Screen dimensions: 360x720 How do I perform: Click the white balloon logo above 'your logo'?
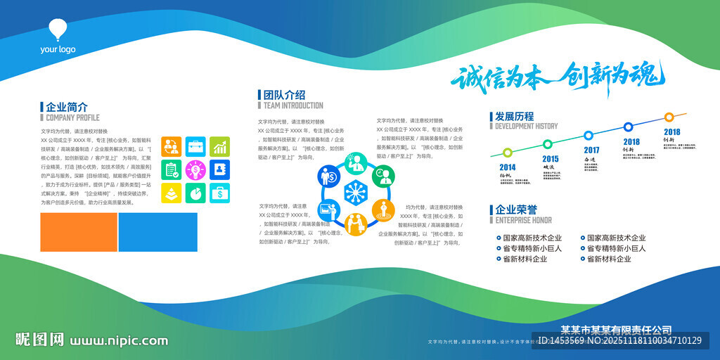(x=58, y=30)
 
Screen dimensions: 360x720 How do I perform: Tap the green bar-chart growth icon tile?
(x=220, y=146)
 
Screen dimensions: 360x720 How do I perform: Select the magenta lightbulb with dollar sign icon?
(x=195, y=169)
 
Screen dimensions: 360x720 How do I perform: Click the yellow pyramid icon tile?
(x=171, y=193)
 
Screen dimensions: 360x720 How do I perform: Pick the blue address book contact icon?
(x=220, y=169)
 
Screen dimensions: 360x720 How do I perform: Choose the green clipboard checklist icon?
(x=171, y=169)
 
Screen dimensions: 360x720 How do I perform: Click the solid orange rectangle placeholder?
(x=79, y=232)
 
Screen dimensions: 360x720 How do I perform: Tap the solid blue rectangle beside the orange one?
(x=157, y=232)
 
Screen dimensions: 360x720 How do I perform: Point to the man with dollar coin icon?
(x=329, y=176)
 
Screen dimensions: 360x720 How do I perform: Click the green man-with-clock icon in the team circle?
(x=384, y=176)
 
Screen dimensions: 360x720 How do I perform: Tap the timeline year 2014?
(x=508, y=167)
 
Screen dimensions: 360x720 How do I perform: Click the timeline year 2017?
(x=591, y=150)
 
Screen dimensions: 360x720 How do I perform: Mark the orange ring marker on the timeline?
(x=669, y=117)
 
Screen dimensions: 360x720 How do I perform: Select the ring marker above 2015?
(x=548, y=144)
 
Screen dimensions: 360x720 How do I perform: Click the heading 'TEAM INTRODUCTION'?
(x=293, y=105)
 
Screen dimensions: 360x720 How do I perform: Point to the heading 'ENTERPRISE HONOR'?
(x=524, y=220)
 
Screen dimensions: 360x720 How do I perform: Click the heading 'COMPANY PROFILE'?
(x=72, y=118)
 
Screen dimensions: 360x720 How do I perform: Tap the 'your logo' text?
(x=58, y=49)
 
